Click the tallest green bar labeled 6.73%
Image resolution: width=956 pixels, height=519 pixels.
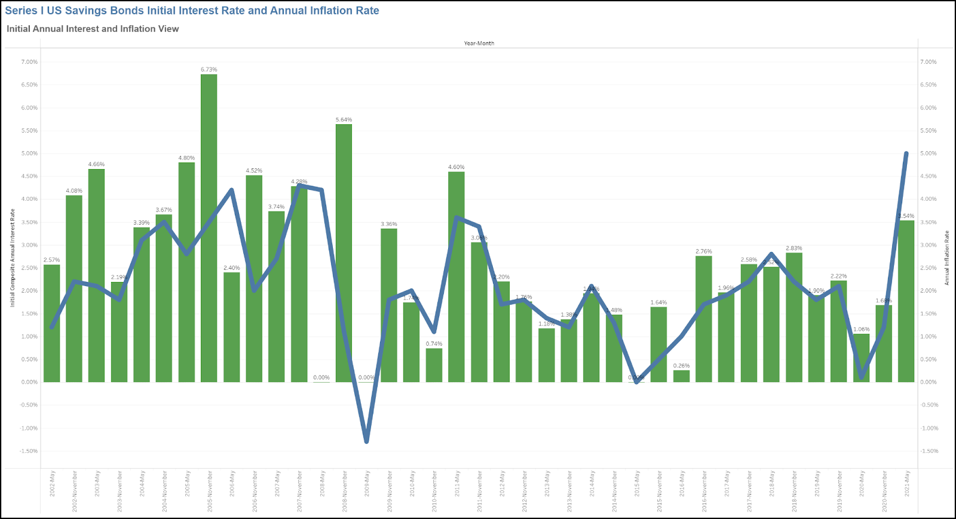pyautogui.click(x=209, y=227)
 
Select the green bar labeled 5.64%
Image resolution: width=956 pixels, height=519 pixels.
pyautogui.click(x=344, y=251)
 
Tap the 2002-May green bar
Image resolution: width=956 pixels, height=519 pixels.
pyautogui.click(x=52, y=323)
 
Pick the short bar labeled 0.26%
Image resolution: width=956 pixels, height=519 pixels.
pyautogui.click(x=681, y=376)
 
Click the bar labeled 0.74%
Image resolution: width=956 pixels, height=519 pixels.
pyautogui.click(x=434, y=365)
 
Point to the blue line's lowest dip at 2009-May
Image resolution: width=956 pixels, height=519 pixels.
pyautogui.click(x=366, y=441)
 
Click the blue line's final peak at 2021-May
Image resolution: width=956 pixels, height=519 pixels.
pyautogui.click(x=906, y=153)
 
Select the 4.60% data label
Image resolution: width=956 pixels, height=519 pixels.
pyautogui.click(x=456, y=167)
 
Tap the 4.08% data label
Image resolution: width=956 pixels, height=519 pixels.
pyautogui.click(x=74, y=191)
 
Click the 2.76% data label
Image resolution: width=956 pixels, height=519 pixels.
pyautogui.click(x=704, y=251)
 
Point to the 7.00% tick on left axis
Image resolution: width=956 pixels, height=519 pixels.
pyautogui.click(x=29, y=62)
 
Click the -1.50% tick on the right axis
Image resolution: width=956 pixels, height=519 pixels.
pyautogui.click(x=929, y=451)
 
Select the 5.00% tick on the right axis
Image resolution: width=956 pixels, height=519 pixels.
pyautogui.click(x=929, y=153)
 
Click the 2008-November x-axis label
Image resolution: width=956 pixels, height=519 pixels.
pyautogui.click(x=345, y=491)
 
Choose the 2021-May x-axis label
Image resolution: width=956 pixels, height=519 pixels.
pyautogui.click(x=908, y=484)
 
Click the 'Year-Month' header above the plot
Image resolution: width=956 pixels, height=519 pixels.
pyautogui.click(x=479, y=43)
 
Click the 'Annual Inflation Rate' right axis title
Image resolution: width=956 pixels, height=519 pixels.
pyautogui.click(x=947, y=258)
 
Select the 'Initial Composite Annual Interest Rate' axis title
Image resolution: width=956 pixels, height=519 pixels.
pyautogui.click(x=12, y=258)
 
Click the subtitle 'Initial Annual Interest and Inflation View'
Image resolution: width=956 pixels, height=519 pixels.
pyautogui.click(x=93, y=29)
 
